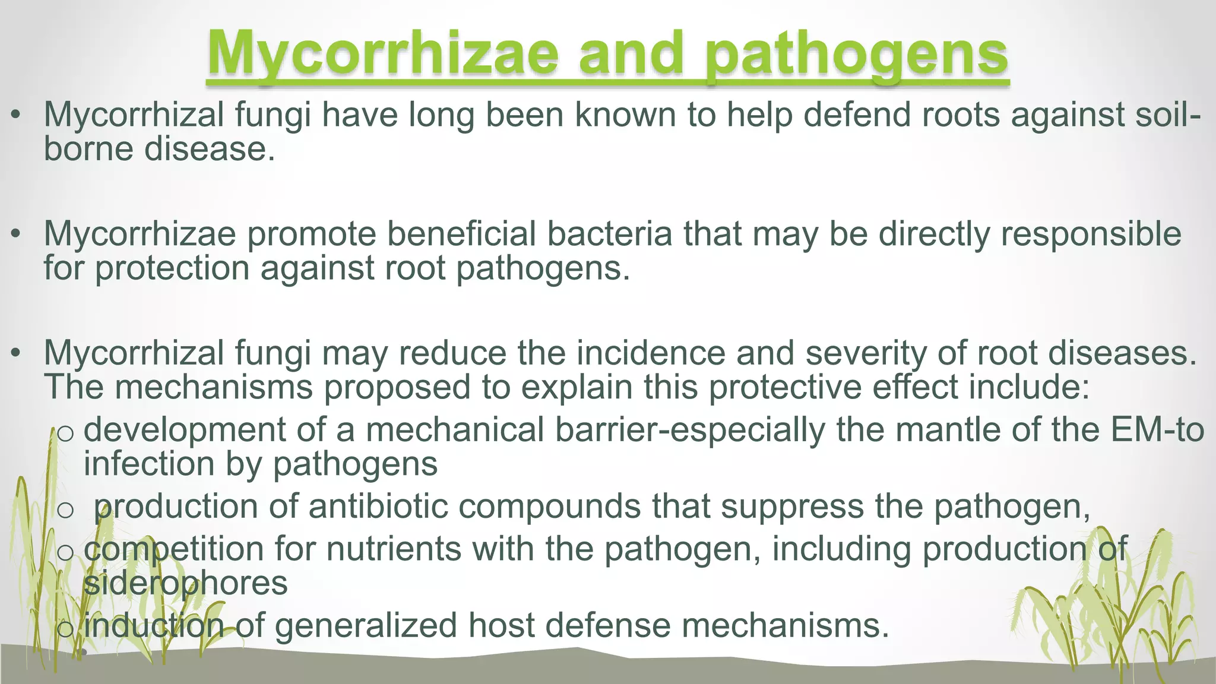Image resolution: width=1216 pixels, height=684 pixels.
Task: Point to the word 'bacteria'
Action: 610,234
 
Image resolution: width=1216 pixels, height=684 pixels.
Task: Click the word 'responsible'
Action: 1091,234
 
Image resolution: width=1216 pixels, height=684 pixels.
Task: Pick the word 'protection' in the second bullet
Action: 172,268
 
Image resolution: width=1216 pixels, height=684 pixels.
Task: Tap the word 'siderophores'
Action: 186,583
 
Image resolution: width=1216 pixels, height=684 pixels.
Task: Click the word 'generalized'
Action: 366,625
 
